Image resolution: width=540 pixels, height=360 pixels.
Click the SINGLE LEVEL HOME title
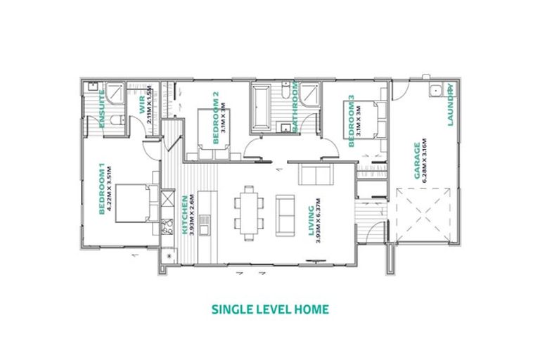coord(270,309)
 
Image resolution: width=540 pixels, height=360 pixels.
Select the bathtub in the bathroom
coord(263,105)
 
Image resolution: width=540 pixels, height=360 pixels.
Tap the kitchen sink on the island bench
coord(203,225)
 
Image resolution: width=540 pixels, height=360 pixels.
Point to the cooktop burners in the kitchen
coord(167,226)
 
